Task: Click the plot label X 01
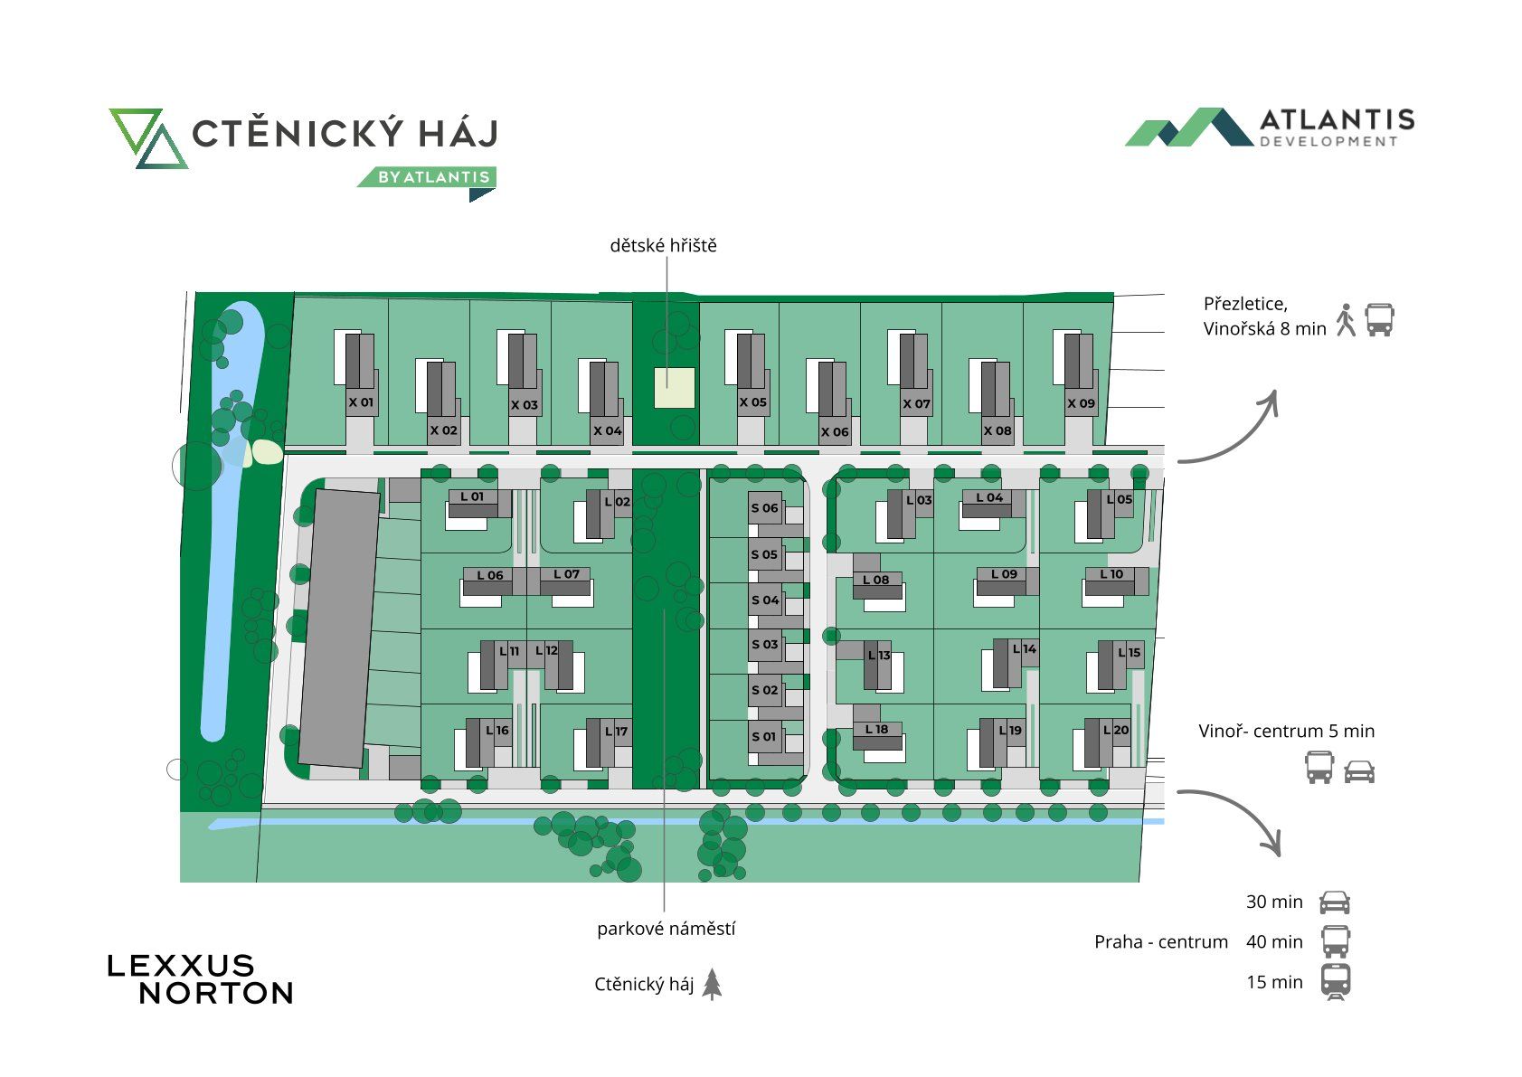pyautogui.click(x=361, y=402)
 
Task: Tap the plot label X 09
pyautogui.click(x=1081, y=403)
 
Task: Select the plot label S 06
pyautogui.click(x=764, y=508)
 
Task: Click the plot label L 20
pyautogui.click(x=1116, y=731)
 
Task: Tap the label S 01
pyautogui.click(x=764, y=737)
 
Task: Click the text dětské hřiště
pyautogui.click(x=663, y=245)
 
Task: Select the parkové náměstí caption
pyautogui.click(x=666, y=929)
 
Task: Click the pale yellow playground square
pyautogui.click(x=674, y=388)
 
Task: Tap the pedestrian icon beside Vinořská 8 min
pyautogui.click(x=1346, y=320)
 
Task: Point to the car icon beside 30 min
pyautogui.click(x=1335, y=902)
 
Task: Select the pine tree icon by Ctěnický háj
pyautogui.click(x=712, y=984)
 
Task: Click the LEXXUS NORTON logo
pyautogui.click(x=201, y=980)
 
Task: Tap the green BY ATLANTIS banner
pyautogui.click(x=428, y=176)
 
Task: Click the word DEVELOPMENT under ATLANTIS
pyautogui.click(x=1328, y=141)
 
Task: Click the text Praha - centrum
pyautogui.click(x=1161, y=942)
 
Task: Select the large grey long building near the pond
pyautogui.click(x=339, y=628)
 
